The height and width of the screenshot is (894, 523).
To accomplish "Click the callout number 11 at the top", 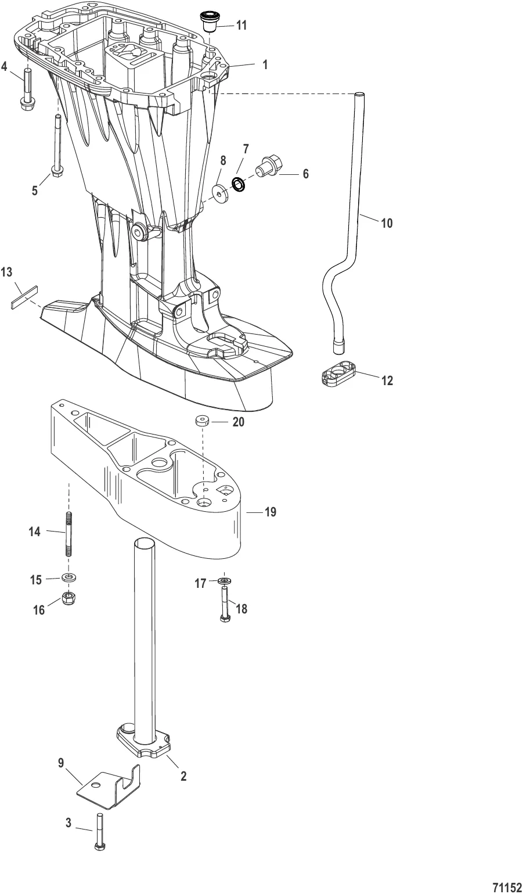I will click(241, 25).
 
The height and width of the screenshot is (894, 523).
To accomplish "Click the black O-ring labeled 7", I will click(238, 184).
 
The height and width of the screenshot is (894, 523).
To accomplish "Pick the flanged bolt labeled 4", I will click(27, 87).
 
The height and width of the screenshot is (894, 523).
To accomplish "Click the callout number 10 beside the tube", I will click(387, 222).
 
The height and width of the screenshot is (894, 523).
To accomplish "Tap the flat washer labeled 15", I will click(70, 578).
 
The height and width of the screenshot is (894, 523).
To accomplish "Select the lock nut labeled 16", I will click(70, 597).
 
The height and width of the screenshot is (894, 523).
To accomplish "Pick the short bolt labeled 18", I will click(225, 604).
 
